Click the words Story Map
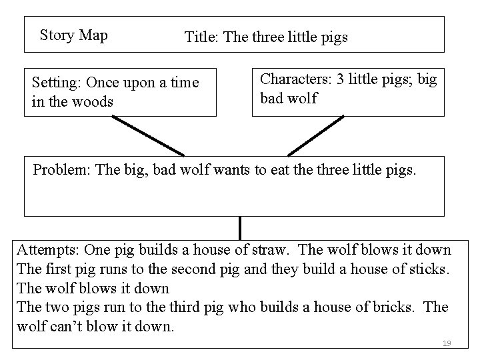73,35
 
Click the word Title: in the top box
202,37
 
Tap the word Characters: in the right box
296,79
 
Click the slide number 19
447,343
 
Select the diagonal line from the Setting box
148,135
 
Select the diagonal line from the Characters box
315,135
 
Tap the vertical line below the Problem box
240,228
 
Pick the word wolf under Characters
302,99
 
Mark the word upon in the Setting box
127,83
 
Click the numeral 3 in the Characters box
341,79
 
